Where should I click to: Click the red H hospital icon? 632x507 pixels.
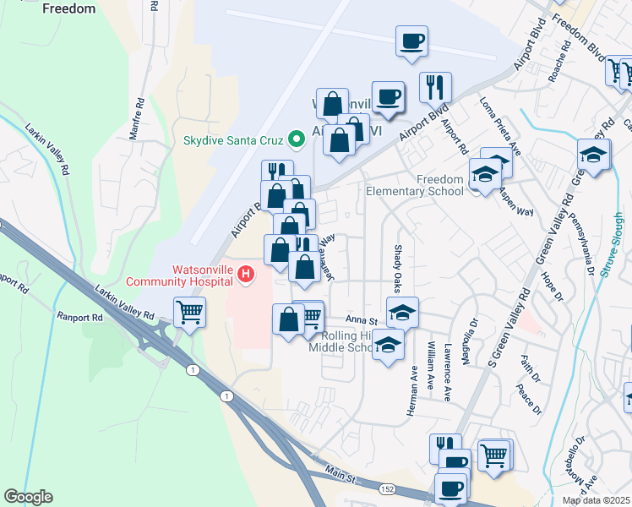click(x=246, y=274)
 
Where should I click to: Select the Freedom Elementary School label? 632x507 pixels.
click(x=415, y=185)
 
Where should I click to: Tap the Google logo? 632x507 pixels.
click(x=28, y=497)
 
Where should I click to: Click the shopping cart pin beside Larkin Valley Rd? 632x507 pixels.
click(x=190, y=312)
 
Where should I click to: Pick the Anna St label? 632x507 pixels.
click(x=360, y=319)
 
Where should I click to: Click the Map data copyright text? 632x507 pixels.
click(x=596, y=500)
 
